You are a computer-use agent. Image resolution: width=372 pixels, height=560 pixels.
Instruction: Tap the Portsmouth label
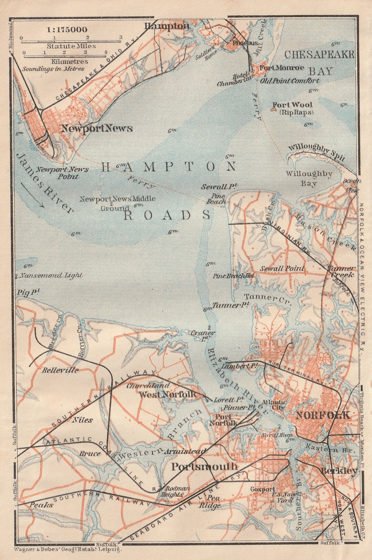tap(204, 467)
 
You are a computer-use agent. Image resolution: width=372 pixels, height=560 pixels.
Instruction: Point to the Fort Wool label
tap(292, 105)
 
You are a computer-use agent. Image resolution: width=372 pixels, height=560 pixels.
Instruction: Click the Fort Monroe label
tap(282, 68)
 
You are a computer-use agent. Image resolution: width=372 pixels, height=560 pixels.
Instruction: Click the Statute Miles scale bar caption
tap(71, 46)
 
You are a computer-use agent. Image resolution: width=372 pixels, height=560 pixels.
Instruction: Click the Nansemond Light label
tap(51, 275)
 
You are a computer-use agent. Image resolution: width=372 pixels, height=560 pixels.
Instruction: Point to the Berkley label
tap(339, 471)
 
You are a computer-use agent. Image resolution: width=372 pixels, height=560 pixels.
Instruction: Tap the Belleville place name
tap(60, 370)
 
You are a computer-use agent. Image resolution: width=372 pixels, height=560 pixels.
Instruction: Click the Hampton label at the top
tap(167, 26)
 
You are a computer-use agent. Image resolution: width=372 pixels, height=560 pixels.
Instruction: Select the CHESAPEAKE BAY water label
tap(320, 62)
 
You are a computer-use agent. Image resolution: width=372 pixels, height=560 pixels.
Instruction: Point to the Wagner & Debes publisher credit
tap(68, 550)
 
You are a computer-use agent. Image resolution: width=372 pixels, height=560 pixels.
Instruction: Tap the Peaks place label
tap(41, 504)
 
